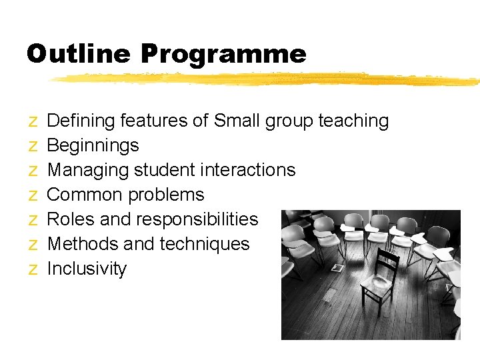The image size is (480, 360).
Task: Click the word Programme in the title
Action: (223, 53)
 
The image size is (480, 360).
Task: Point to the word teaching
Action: (353, 121)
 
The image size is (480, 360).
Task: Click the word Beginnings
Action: (93, 145)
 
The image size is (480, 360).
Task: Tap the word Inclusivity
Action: (87, 269)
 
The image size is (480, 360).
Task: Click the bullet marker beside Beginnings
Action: (33, 146)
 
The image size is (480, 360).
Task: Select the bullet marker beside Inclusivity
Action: (33, 269)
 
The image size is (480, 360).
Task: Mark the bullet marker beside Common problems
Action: (33, 195)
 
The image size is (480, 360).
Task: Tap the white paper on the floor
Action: (337, 268)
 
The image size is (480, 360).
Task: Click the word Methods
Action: (83, 244)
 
